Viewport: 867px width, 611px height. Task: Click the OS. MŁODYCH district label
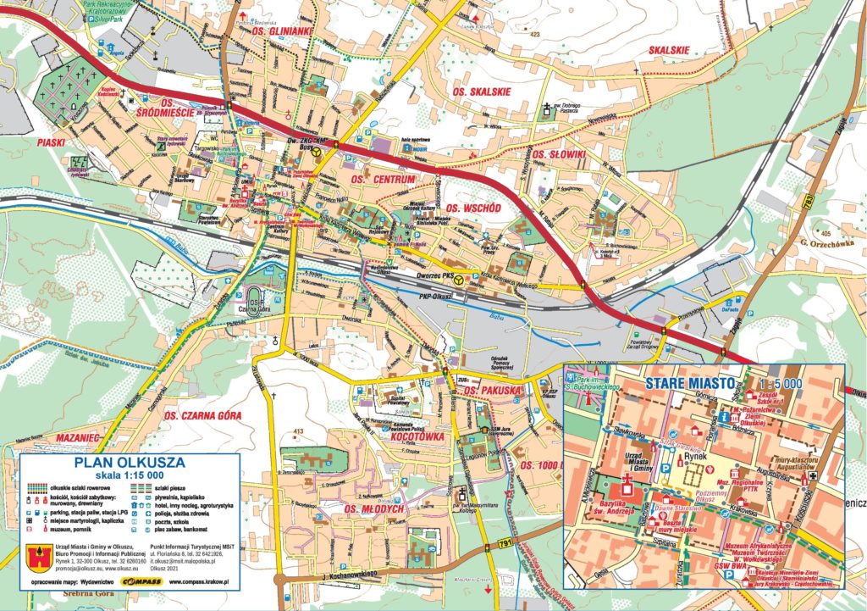point(374,509)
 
